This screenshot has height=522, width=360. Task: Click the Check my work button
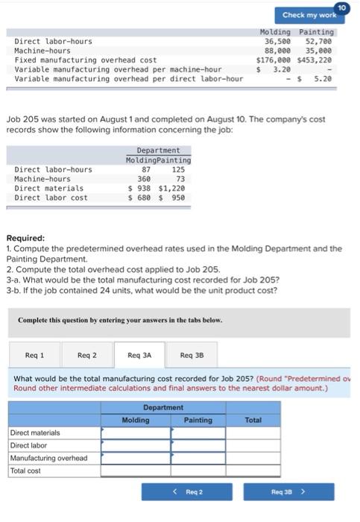(309, 14)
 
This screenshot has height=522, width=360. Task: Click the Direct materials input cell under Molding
(135, 433)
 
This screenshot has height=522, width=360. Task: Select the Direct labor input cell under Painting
(198, 445)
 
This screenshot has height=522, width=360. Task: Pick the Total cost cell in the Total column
(253, 471)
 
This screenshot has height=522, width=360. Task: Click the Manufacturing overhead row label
(48, 458)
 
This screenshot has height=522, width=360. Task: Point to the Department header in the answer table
(162, 408)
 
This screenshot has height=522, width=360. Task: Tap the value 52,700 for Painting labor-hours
(319, 42)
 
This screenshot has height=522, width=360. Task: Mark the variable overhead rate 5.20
(323, 78)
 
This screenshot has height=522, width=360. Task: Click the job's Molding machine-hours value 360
(144, 179)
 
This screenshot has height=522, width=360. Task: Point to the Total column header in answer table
(253, 420)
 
